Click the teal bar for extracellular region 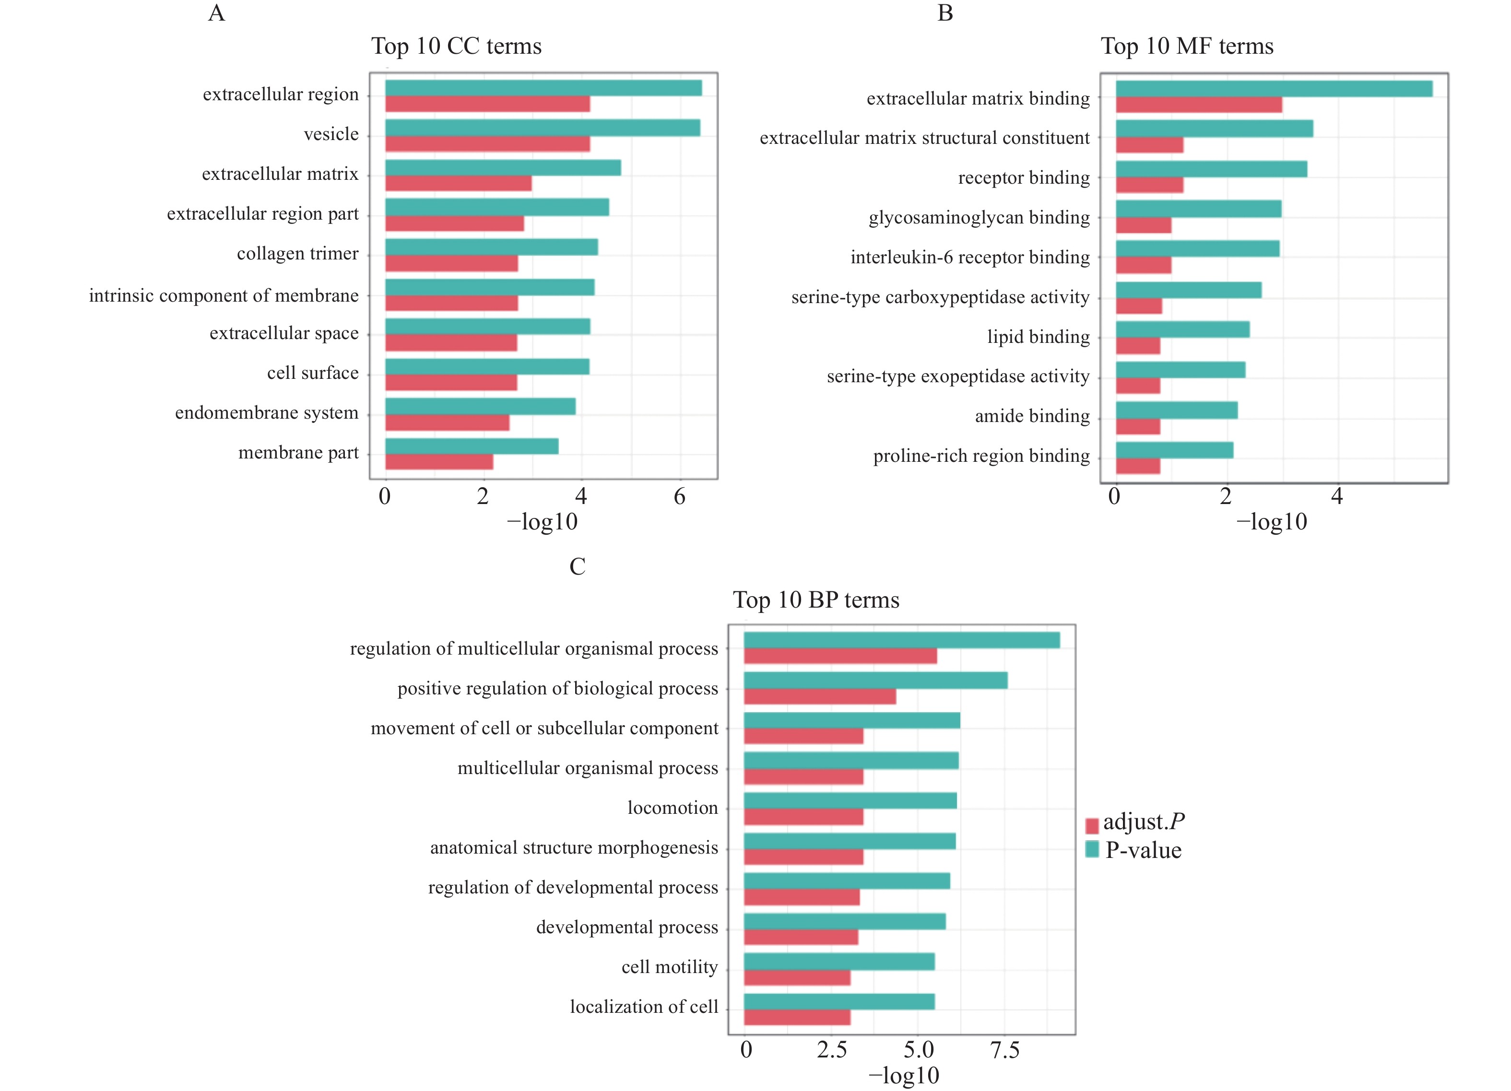(x=543, y=88)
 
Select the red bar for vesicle (x=487, y=144)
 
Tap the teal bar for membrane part (x=472, y=446)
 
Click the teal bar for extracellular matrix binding (x=1274, y=89)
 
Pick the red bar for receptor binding (x=1149, y=185)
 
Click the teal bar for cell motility (x=839, y=961)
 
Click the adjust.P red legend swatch (x=1092, y=826)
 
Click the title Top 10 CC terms (x=456, y=46)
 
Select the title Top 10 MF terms (x=1187, y=46)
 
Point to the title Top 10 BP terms (x=816, y=600)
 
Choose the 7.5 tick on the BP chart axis (x=1004, y=1050)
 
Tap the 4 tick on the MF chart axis (x=1336, y=496)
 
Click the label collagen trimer (x=298, y=254)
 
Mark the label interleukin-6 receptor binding (x=970, y=257)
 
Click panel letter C (x=578, y=566)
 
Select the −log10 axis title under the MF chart (x=1272, y=522)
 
